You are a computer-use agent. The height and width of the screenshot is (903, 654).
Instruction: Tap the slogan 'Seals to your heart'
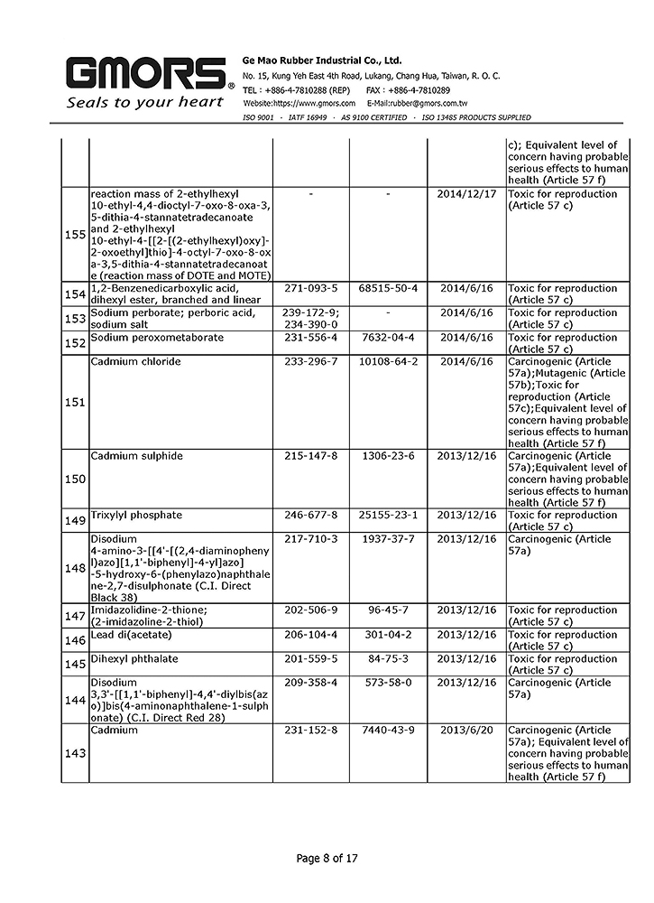[144, 103]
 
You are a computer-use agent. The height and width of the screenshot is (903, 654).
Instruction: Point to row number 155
[76, 235]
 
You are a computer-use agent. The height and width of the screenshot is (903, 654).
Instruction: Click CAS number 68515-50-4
[388, 289]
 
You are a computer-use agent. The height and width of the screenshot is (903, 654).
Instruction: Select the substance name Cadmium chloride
[136, 361]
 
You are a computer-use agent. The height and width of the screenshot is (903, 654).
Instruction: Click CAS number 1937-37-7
[388, 539]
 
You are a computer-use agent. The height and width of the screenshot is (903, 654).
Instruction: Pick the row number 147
[76, 616]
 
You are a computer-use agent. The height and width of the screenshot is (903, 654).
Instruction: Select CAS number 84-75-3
[388, 659]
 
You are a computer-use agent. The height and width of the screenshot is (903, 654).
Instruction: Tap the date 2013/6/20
[466, 731]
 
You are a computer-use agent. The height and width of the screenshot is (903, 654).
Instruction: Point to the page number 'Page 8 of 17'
[327, 858]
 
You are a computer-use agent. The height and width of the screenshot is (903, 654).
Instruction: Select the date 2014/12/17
[466, 194]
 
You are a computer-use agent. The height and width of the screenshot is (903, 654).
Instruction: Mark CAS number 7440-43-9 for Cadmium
[388, 731]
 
